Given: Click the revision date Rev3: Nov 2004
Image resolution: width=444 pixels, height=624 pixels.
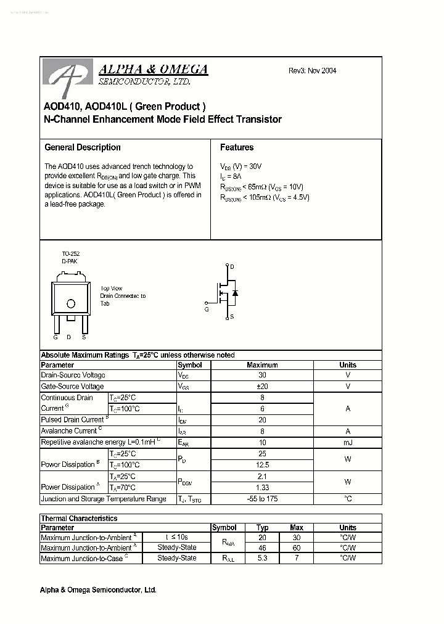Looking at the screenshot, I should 312,70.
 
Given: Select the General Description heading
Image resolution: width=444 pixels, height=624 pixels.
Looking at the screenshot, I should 83,147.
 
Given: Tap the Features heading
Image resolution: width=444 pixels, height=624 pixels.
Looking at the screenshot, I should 237,147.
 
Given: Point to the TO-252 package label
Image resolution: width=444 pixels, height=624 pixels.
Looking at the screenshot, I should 70,254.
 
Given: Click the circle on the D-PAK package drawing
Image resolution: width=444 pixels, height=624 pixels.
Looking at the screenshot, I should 71,303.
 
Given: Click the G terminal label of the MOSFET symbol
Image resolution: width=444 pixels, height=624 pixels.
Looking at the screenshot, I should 207,310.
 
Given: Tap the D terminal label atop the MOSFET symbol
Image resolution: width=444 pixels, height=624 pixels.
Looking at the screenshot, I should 232,266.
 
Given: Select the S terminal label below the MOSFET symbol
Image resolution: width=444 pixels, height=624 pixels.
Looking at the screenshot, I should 232,317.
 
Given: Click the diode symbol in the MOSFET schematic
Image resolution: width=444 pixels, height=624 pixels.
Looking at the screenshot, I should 235,292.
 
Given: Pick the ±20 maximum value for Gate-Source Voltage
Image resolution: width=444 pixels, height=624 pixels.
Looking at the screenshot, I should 262,387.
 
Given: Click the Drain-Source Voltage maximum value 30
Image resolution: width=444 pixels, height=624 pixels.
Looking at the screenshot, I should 262,376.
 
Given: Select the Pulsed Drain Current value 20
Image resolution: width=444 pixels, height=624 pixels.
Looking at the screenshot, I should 262,420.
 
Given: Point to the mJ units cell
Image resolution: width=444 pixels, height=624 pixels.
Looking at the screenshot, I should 347,443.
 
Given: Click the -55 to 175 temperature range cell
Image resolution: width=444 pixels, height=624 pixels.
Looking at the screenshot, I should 262,499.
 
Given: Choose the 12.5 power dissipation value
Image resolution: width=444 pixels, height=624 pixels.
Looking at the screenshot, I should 262,465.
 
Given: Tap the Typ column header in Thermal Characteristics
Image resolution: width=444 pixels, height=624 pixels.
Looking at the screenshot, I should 262,528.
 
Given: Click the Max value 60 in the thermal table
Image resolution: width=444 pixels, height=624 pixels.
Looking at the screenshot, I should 297,548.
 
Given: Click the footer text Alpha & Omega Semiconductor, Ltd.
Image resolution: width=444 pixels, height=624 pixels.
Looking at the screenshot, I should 98,590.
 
